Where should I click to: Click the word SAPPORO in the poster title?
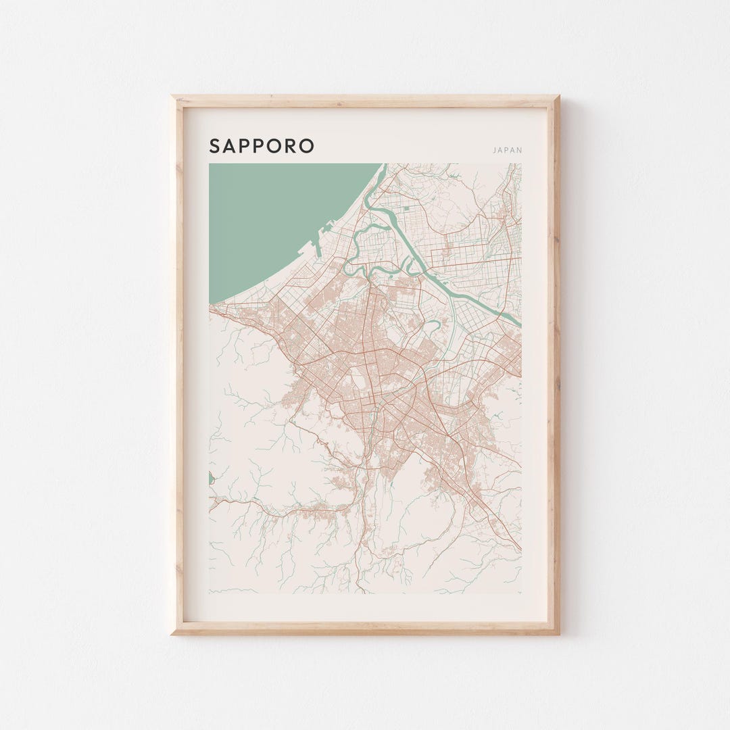(262, 146)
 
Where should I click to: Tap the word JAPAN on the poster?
(508, 150)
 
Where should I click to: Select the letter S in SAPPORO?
(214, 146)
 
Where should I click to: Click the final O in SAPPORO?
(308, 146)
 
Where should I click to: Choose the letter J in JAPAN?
(495, 150)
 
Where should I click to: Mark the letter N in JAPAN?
(519, 150)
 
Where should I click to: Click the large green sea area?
(270, 216)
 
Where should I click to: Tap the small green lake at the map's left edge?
(211, 479)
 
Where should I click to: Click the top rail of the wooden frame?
(365, 101)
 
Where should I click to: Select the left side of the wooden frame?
(178, 365)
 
